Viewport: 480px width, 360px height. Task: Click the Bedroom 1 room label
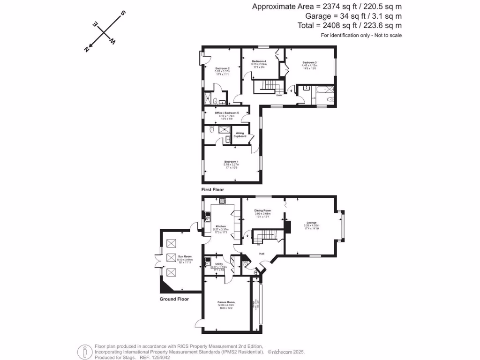232,162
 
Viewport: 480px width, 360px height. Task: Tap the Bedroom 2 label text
209,68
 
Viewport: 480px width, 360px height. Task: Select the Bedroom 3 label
309,63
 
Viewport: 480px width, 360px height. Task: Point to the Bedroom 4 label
259,61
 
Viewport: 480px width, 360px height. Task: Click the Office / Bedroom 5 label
227,113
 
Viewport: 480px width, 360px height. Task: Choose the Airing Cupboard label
240,135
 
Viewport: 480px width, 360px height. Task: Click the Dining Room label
263,211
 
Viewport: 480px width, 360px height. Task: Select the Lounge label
311,223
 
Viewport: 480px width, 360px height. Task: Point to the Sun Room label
185,256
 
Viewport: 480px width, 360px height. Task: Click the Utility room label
218,264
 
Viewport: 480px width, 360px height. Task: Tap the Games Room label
225,302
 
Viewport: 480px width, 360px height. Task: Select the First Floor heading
212,190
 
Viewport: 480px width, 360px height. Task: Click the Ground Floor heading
174,299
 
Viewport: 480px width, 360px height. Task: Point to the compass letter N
87,49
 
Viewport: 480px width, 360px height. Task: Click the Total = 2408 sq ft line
350,26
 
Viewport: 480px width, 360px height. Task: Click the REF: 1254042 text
155,357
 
